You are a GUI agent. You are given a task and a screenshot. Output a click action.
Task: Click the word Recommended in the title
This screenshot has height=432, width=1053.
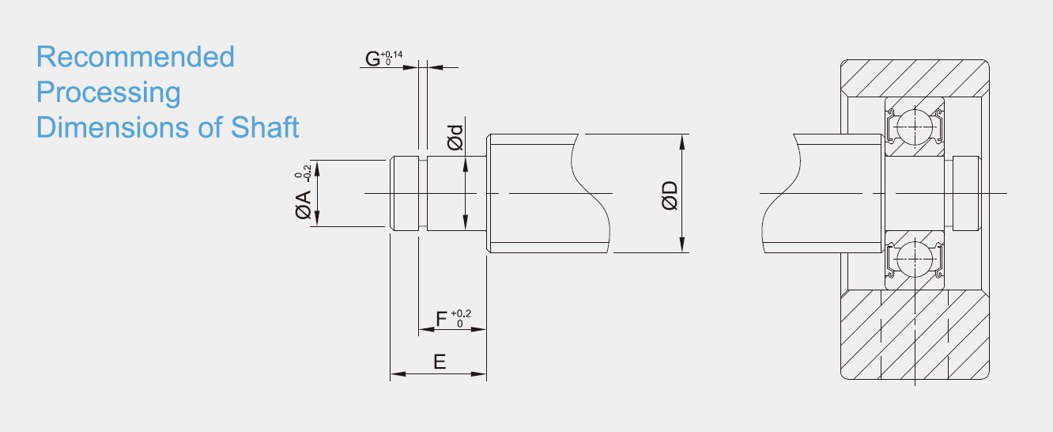pos(135,57)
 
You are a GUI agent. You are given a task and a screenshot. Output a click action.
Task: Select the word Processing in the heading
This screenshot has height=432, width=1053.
pos(108,93)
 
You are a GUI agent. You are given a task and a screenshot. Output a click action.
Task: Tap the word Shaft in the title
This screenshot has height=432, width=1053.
pos(265,127)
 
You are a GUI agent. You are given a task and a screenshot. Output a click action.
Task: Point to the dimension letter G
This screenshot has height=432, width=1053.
pos(373,59)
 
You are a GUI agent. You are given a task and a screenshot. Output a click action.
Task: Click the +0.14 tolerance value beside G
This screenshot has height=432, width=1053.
pos(391,55)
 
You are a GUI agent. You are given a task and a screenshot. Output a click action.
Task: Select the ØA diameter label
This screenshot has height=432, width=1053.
pos(304,205)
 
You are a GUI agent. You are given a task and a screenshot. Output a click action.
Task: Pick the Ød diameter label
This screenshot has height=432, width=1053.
pos(455,138)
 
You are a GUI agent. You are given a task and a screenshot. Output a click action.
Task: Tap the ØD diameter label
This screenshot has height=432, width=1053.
pos(670,195)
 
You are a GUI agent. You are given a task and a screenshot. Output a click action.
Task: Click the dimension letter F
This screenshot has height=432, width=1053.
pos(441,319)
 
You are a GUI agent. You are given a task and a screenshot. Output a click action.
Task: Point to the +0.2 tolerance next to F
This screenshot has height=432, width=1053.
pos(461,313)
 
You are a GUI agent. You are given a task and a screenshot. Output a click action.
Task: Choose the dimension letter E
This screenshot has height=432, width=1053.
pos(440,362)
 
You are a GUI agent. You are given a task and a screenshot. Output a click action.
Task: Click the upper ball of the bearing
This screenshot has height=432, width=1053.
pos(915,127)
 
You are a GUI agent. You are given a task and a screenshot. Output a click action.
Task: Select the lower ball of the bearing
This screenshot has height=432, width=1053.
pos(915,260)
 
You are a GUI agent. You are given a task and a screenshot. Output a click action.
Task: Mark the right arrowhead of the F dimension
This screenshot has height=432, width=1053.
pos(478,329)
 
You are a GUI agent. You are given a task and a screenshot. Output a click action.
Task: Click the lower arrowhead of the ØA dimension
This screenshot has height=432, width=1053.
pos(317,218)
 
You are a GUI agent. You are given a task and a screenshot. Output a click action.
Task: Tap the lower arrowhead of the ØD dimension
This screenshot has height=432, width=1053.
pos(682,244)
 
